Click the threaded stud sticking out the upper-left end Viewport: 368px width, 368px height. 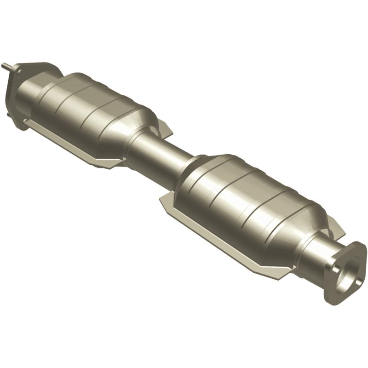pyautogui.click(x=6, y=66)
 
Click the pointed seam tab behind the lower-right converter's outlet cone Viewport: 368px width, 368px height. pyautogui.click(x=338, y=228)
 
